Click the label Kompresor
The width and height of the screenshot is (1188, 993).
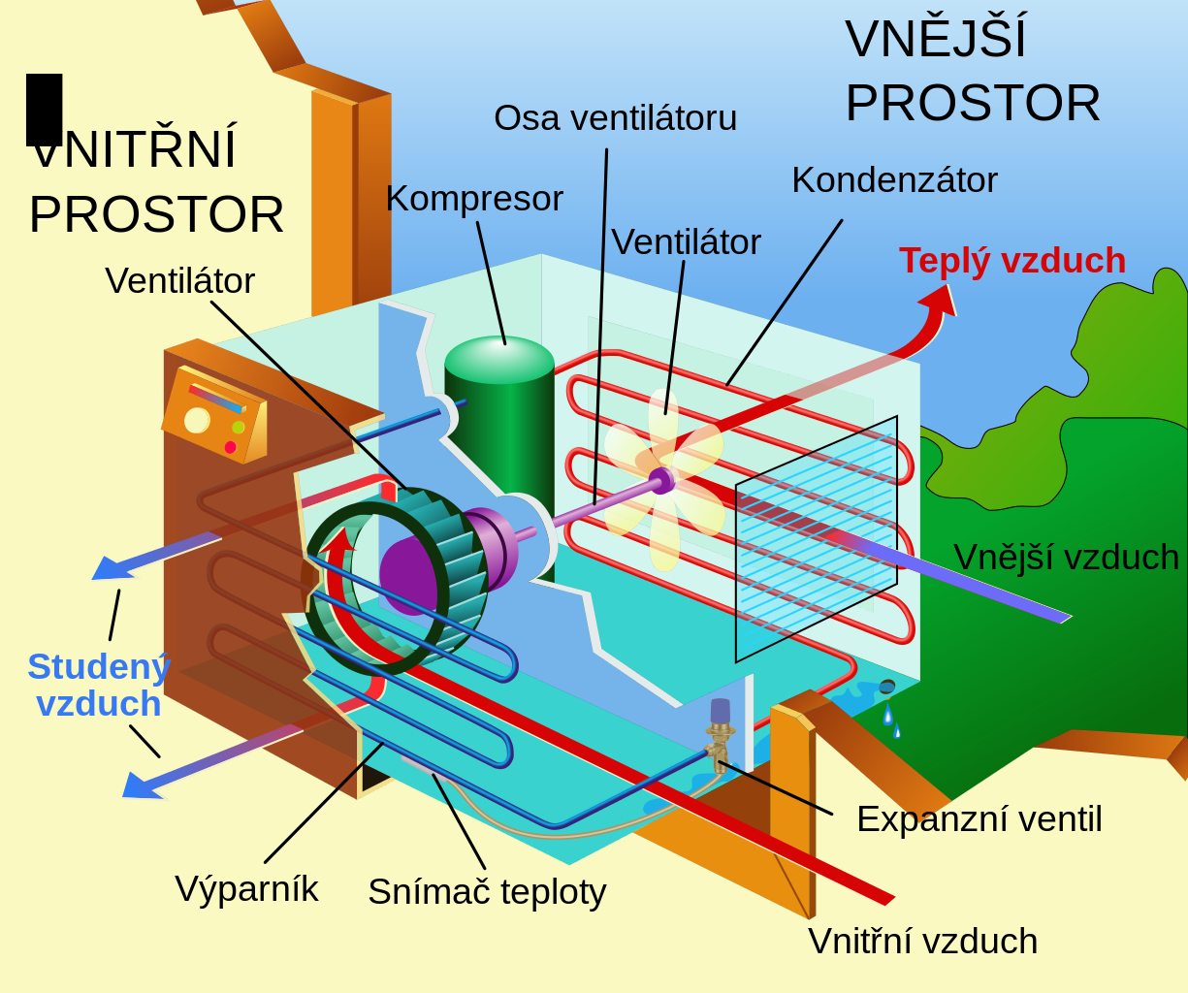[474, 199]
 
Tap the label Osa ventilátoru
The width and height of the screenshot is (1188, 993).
[615, 118]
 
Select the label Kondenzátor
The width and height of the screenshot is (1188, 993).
[894, 180]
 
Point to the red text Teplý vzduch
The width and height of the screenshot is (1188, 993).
[1011, 261]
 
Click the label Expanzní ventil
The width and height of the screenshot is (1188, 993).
[979, 819]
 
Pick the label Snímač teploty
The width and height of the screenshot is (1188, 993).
[487, 892]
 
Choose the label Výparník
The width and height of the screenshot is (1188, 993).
[246, 889]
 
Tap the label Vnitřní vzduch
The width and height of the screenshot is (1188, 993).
[922, 942]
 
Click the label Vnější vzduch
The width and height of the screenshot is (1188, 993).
[1066, 558]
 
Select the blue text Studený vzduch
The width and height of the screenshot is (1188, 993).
[99, 686]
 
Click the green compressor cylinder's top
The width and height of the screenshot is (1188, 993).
[499, 356]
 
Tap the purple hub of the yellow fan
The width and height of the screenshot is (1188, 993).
[660, 479]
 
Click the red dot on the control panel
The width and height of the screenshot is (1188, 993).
[230, 447]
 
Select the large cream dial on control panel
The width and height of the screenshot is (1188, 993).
[197, 420]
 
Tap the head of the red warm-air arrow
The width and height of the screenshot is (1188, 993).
[939, 300]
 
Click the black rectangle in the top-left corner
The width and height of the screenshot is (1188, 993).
[45, 109]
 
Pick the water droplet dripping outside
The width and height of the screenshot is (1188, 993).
[887, 716]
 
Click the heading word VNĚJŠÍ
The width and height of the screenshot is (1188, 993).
[935, 40]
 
